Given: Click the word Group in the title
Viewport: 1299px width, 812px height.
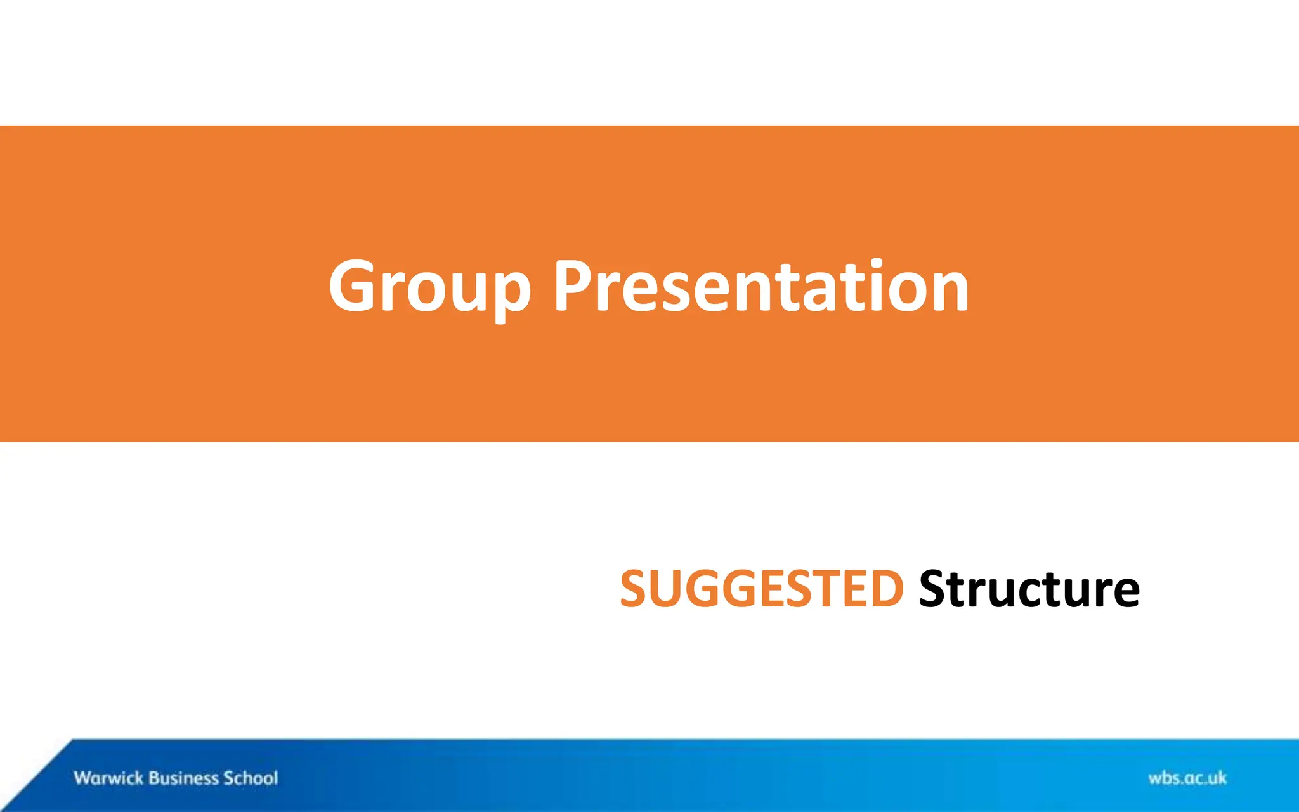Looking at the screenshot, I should coord(429,287).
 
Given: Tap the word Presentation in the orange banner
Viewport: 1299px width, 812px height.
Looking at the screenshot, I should coord(760,287).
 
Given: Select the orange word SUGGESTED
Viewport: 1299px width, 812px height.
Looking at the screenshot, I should coord(761,589).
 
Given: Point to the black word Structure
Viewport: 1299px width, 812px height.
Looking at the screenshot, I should coord(1029,589).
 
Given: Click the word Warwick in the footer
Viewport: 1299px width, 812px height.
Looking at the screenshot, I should coord(108,778).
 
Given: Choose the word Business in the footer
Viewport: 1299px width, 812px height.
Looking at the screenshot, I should coord(183,778).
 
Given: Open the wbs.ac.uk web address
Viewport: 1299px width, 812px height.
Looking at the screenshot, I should coord(1187,778).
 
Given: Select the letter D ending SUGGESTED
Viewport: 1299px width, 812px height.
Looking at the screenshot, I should coord(884,589).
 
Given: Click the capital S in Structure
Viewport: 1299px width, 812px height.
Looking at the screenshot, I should coord(936,589).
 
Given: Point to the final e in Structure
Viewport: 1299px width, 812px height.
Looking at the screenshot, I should coord(1123,594).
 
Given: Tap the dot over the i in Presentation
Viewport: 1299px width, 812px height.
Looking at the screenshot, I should coord(877,263).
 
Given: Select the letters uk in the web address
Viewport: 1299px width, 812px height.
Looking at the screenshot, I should coord(1217,778).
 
